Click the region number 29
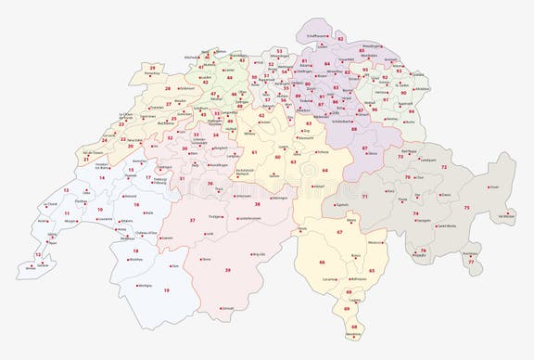152,68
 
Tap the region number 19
167,290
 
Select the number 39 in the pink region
227,270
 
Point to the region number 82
340,39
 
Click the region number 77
470,262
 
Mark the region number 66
322,263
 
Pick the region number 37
192,220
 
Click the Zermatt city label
228,308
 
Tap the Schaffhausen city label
316,36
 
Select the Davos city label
447,195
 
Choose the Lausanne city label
104,220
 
